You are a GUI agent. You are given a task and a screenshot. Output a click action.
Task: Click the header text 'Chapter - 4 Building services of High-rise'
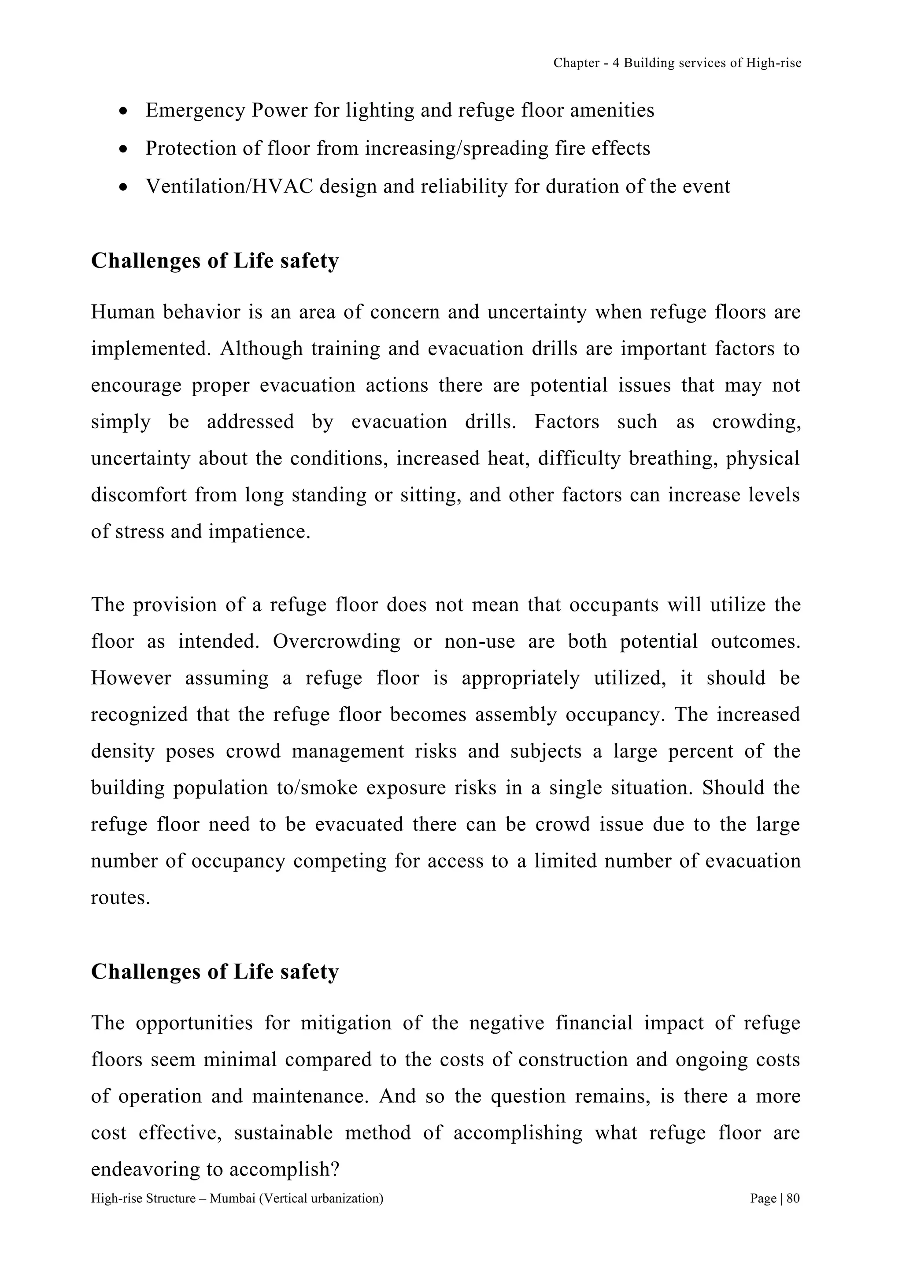pyautogui.click(x=677, y=63)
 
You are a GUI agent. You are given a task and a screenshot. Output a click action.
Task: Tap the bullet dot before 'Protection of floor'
pyautogui.click(x=123, y=149)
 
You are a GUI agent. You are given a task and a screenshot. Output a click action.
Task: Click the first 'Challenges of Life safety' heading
pyautogui.click(x=214, y=261)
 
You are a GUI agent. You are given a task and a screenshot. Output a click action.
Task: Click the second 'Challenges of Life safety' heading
pyautogui.click(x=214, y=972)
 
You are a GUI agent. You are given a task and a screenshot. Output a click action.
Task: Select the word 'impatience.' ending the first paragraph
pyautogui.click(x=259, y=532)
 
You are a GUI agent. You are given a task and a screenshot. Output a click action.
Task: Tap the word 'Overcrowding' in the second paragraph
pyautogui.click(x=336, y=642)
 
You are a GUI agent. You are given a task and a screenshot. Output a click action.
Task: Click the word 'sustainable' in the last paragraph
pyautogui.click(x=283, y=1133)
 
